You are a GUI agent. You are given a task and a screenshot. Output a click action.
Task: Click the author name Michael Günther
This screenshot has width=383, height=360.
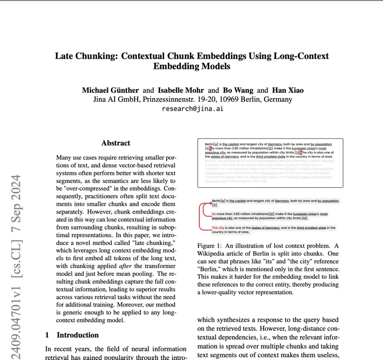coord(110,90)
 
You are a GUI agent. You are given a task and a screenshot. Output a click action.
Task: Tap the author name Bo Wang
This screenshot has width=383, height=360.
coord(238,90)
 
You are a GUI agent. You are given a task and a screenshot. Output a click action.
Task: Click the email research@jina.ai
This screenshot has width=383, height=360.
coord(192,108)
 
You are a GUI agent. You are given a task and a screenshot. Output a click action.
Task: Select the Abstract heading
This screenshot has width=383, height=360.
coord(116,143)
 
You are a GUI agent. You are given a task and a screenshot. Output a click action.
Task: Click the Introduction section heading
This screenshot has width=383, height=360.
coord(77,335)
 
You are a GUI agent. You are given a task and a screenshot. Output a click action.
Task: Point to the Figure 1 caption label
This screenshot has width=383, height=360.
coord(212,246)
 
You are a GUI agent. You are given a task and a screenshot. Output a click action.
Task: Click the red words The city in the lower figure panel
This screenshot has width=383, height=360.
coord(218,228)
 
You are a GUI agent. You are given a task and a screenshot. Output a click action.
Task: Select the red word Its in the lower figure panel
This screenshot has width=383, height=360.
coord(214,214)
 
